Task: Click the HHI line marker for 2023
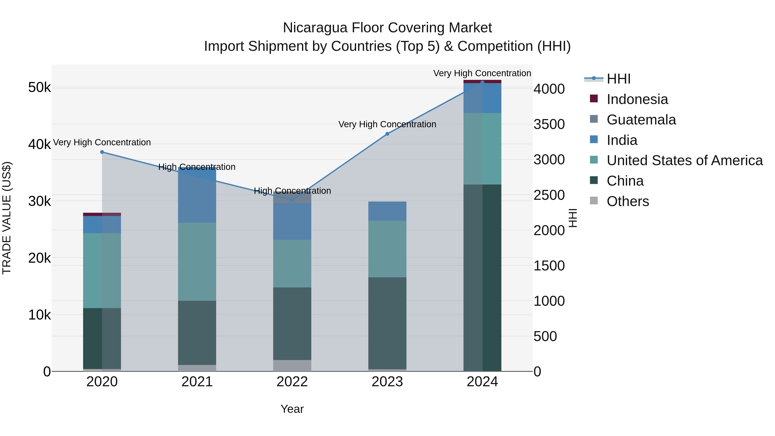(x=387, y=134)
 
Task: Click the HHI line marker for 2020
(x=102, y=152)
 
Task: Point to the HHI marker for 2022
(x=292, y=200)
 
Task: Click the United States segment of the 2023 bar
(x=387, y=249)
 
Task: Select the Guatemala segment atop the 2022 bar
(x=292, y=197)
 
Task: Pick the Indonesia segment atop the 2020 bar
(x=102, y=214)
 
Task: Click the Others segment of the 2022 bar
(x=292, y=365)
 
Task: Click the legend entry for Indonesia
(x=637, y=99)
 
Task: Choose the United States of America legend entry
(x=684, y=160)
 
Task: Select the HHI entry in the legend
(x=618, y=79)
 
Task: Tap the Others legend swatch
(x=594, y=200)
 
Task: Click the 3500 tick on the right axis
(x=549, y=124)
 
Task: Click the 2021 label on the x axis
(x=197, y=382)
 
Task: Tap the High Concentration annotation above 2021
(x=197, y=167)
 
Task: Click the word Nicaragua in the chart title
(x=315, y=28)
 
